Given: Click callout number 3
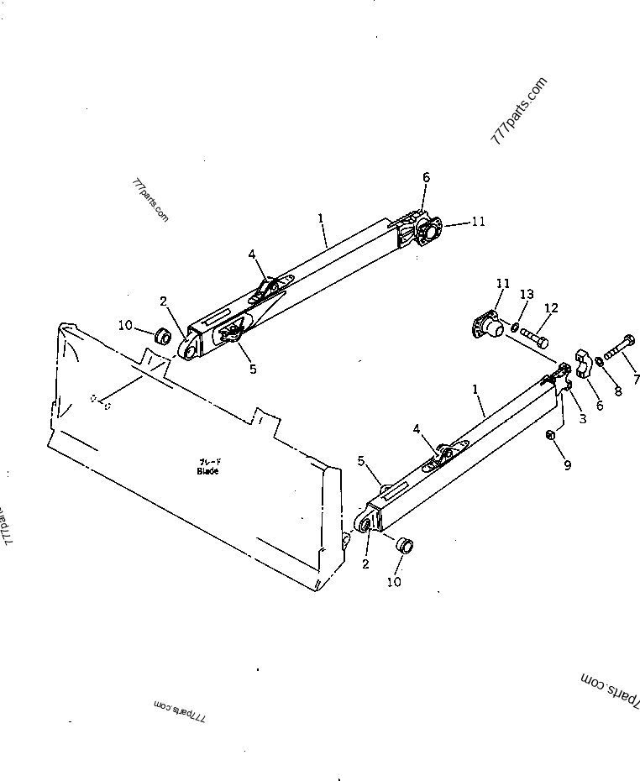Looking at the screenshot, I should (582, 417).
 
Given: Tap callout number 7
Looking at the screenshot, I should (636, 379).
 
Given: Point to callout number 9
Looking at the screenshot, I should (567, 465).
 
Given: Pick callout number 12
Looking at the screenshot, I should (550, 308).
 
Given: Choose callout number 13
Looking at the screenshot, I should (527, 294).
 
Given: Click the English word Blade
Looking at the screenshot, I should (207, 471).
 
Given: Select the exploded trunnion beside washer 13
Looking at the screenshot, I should (488, 323).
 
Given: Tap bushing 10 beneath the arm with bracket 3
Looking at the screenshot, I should (405, 544).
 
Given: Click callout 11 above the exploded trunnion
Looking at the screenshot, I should (502, 284).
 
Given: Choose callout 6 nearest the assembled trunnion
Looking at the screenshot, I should (426, 178).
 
